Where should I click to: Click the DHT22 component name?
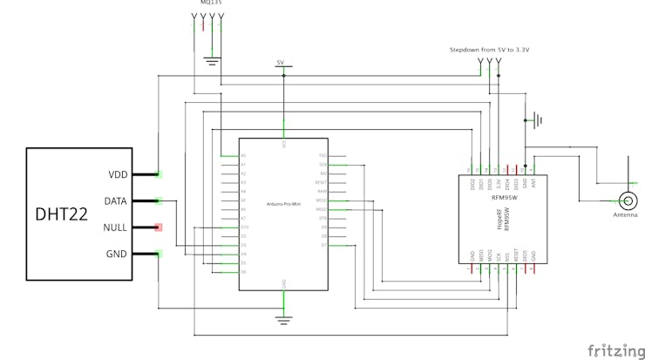pyautogui.click(x=61, y=214)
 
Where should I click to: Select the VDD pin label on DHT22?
pyautogui.click(x=118, y=174)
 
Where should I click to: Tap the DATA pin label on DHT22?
pyautogui.click(x=116, y=201)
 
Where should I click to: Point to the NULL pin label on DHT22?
pyautogui.click(x=116, y=228)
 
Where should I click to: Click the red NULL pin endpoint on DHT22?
pyautogui.click(x=159, y=228)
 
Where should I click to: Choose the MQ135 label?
pyautogui.click(x=211, y=3)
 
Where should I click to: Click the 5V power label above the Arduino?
pyautogui.click(x=280, y=63)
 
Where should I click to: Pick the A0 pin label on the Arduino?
pyautogui.click(x=244, y=155)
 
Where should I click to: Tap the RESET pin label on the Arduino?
pyautogui.click(x=322, y=182)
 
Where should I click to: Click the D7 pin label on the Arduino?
pyautogui.click(x=323, y=245)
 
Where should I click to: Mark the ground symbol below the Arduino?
pyautogui.click(x=283, y=320)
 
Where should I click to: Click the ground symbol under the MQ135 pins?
pyautogui.click(x=211, y=60)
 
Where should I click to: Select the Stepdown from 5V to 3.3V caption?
pyautogui.click(x=489, y=50)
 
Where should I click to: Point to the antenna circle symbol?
pyautogui.click(x=626, y=200)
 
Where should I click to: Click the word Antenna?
pyautogui.click(x=625, y=214)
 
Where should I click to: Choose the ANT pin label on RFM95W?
pyautogui.click(x=533, y=182)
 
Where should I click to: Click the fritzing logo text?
pyautogui.click(x=615, y=350)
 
